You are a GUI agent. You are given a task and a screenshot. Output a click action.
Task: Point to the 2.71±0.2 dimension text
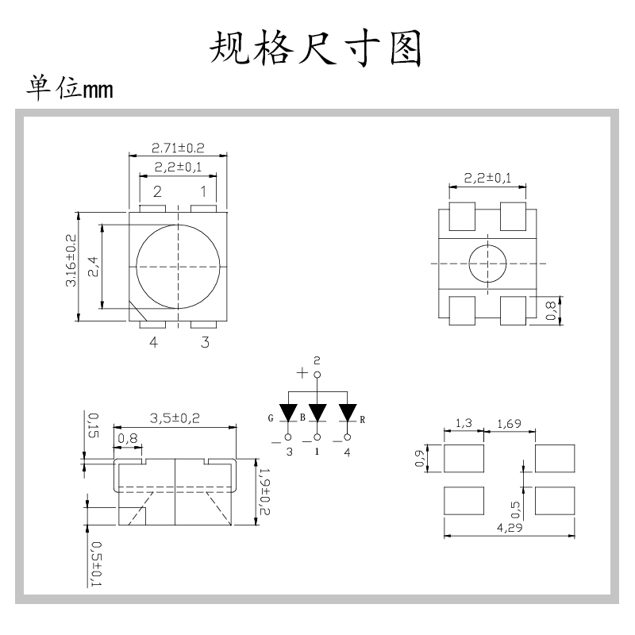point(178,148)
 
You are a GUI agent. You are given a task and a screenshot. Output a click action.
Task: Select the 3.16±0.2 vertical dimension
point(71,261)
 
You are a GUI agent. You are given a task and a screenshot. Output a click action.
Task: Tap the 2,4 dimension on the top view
point(93,267)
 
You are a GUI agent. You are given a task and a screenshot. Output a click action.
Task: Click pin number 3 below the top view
point(205,342)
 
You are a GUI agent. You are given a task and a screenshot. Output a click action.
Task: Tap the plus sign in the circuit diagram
point(302,373)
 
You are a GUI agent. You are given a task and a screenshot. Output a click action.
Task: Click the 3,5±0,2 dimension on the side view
point(175,419)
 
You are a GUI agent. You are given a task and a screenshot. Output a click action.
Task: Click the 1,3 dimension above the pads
point(463,425)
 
